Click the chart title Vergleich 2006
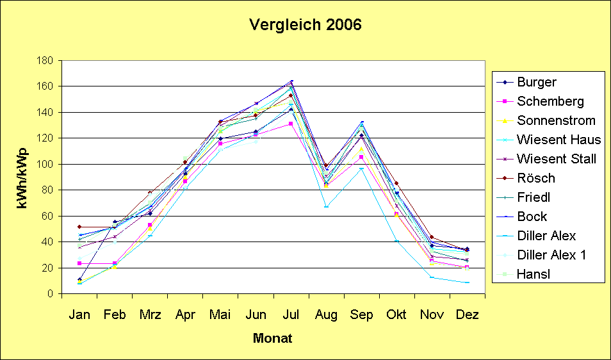coord(305,26)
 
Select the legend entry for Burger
coord(537,82)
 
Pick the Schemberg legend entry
coord(550,101)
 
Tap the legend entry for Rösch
coord(536,178)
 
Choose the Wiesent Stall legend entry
coord(557,159)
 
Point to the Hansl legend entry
coord(534,274)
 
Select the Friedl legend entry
coord(534,197)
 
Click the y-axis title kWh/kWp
coord(22,177)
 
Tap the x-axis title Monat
coord(272,338)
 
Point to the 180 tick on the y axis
coord(45,61)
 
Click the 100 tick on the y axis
coord(45,164)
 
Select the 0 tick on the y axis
coord(49,293)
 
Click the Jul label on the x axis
coord(291,315)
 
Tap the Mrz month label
coord(150,315)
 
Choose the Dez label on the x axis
coord(467,315)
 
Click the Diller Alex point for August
coord(326,206)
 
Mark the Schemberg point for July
coord(291,124)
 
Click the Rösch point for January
coord(79,227)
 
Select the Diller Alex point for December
coord(467,282)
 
